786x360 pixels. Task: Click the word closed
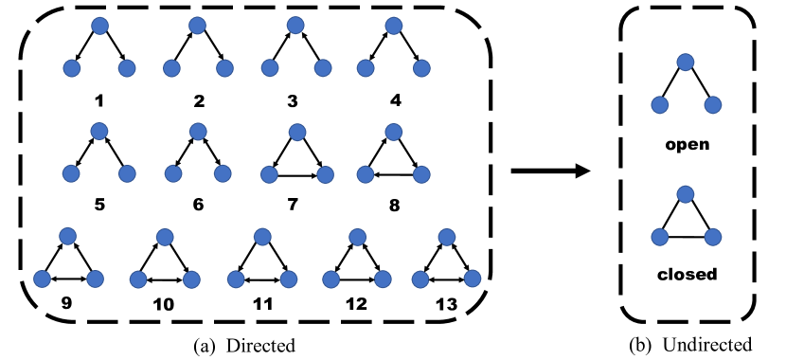tap(688, 275)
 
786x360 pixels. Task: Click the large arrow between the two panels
tap(549, 171)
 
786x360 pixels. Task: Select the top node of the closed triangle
tap(688, 194)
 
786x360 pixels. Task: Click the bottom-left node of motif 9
tap(42, 279)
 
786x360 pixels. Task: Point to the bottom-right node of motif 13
tap(473, 279)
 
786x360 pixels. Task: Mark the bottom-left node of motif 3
tap(270, 68)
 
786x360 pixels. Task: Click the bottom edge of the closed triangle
tap(688, 236)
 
